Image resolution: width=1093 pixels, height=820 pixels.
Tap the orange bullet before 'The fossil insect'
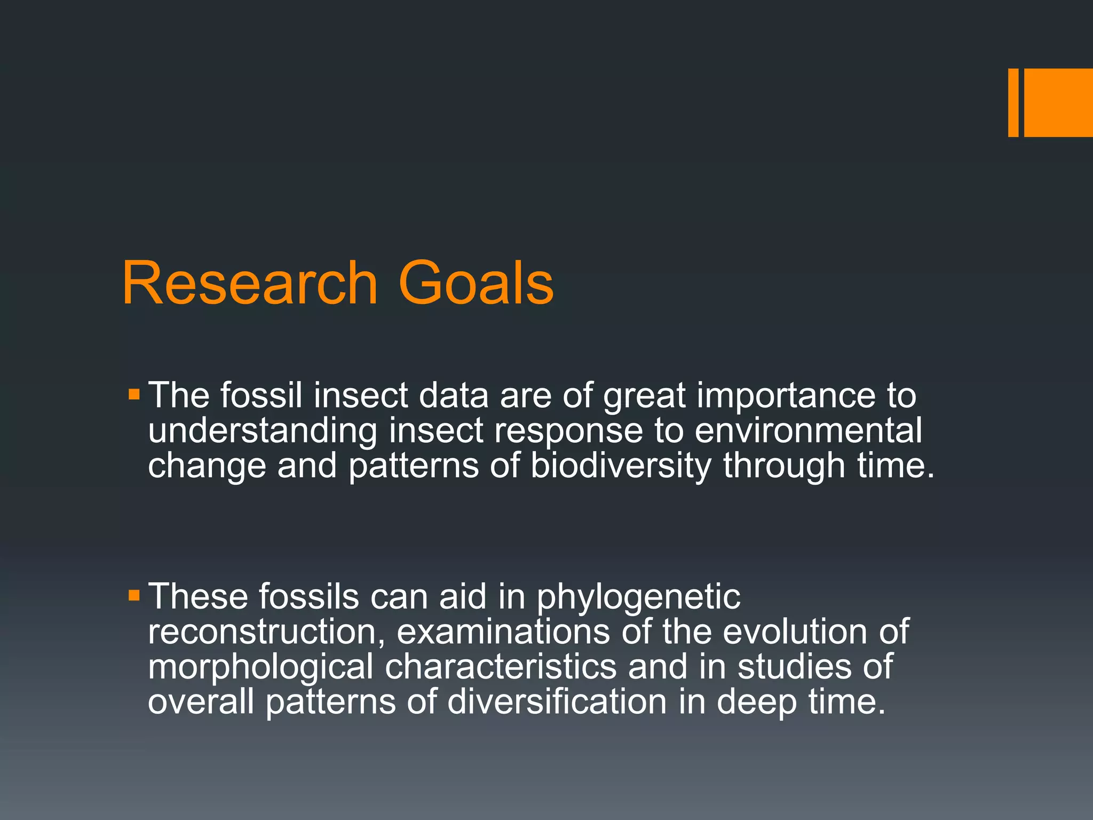[134, 396]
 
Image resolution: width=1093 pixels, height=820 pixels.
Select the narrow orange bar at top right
[1013, 102]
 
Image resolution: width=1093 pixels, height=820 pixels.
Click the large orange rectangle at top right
[1058, 102]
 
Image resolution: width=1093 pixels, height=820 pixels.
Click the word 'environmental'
[808, 431]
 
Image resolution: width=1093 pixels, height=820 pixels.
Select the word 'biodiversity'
[621, 466]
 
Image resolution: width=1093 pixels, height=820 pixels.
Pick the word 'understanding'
[263, 431]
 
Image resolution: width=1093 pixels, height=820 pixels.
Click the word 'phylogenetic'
[638, 597]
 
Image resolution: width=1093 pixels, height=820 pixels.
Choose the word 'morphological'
[260, 667]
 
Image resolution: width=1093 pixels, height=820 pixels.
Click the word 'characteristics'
[501, 667]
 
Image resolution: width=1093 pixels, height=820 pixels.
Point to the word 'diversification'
[557, 701]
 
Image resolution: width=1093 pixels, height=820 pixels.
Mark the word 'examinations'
[503, 632]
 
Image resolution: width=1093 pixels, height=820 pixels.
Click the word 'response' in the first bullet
[568, 432]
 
